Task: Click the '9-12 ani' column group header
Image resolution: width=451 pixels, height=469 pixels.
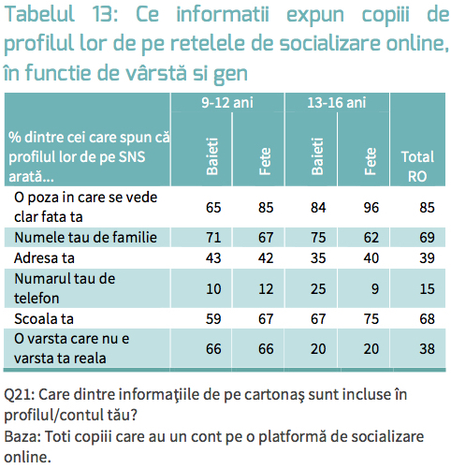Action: click(x=227, y=103)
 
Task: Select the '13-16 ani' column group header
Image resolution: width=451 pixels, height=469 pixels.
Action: click(x=337, y=103)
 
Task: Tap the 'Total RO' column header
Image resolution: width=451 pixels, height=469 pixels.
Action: click(x=417, y=167)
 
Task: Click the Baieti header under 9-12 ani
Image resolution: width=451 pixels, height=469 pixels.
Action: click(x=212, y=156)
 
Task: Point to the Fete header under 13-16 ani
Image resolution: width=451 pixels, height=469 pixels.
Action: click(x=371, y=161)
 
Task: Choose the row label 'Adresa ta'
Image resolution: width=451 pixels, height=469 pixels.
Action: click(x=44, y=258)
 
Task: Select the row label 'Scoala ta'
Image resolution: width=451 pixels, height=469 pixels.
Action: click(x=44, y=318)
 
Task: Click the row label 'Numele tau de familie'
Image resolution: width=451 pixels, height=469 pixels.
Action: click(x=85, y=237)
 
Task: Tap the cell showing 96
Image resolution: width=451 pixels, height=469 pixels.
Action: click(x=371, y=208)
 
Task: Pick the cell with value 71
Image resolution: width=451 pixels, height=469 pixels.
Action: click(x=213, y=237)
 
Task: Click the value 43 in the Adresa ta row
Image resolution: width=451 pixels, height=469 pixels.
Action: click(x=213, y=258)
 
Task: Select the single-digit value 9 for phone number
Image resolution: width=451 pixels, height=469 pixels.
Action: click(x=374, y=289)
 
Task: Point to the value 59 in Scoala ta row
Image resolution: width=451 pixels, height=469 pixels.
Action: click(x=213, y=318)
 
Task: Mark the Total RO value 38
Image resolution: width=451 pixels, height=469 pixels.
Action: click(x=427, y=348)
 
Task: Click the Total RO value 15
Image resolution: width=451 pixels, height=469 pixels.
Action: click(x=427, y=289)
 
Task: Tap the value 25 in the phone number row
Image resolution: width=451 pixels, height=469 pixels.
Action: click(x=318, y=289)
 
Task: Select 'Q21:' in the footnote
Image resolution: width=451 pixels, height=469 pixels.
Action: click(x=19, y=395)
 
